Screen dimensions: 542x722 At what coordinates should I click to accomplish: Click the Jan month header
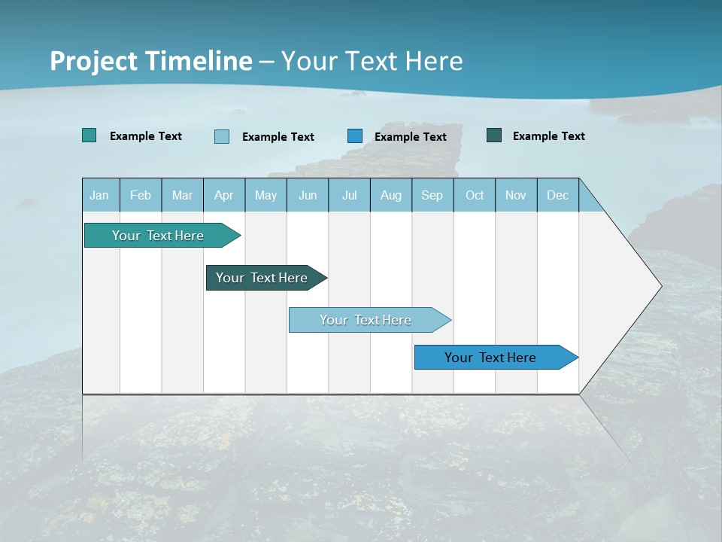99,196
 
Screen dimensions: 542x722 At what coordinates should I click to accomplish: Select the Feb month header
141,196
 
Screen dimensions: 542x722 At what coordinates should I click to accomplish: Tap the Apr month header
223,196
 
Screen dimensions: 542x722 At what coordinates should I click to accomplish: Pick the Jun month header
308,196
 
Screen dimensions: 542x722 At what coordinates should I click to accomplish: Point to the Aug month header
390,196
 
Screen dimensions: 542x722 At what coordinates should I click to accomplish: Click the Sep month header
432,196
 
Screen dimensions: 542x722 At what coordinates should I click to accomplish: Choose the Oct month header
475,196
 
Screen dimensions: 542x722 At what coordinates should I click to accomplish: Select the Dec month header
557,196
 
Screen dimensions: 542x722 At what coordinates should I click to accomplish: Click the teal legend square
89,135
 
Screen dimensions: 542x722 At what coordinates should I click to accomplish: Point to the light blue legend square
222,136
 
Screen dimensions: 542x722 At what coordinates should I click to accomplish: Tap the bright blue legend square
355,135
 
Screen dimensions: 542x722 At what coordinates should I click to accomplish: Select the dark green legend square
494,135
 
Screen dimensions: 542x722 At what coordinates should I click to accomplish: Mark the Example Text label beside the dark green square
548,136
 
